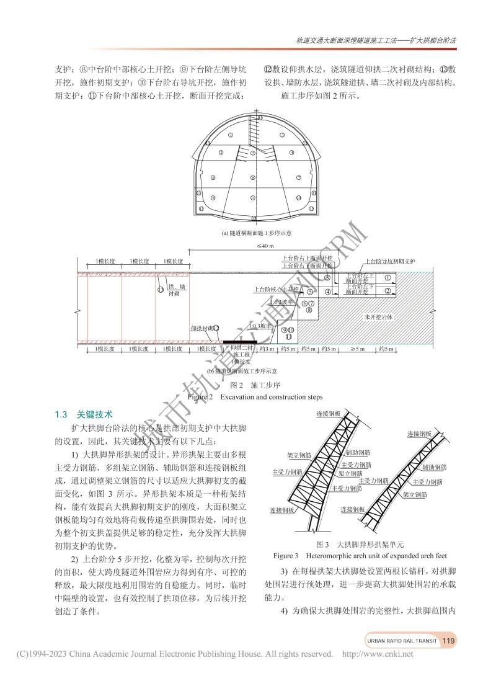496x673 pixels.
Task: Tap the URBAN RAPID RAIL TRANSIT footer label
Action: click(x=401, y=641)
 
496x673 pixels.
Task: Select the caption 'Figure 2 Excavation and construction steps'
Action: click(x=255, y=397)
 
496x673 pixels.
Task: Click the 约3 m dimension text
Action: click(x=267, y=349)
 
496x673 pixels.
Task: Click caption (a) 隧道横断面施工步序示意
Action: click(x=256, y=233)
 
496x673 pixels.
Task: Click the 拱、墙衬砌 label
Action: click(x=177, y=290)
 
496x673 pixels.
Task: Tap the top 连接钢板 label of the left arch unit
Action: click(x=328, y=413)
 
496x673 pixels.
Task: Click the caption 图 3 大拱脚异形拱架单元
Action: click(x=360, y=544)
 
